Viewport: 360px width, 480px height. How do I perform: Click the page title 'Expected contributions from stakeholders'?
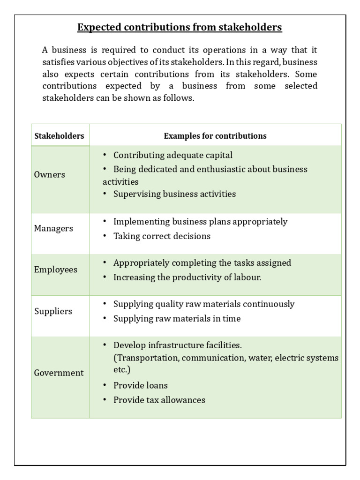click(x=180, y=28)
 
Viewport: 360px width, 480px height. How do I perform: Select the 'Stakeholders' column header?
click(x=59, y=136)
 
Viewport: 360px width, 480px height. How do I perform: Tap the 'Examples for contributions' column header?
click(x=215, y=136)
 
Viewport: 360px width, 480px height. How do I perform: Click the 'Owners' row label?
click(x=50, y=174)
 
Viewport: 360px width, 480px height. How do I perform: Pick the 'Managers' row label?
click(x=53, y=228)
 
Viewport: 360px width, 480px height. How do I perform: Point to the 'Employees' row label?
click(x=56, y=270)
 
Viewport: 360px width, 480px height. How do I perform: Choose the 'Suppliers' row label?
click(x=53, y=311)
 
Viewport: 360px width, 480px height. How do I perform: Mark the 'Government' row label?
click(x=59, y=373)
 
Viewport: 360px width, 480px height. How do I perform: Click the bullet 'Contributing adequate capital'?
click(x=172, y=155)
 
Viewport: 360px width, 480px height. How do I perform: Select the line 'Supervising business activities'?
click(x=174, y=194)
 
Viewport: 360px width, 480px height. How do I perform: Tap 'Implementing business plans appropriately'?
click(x=200, y=221)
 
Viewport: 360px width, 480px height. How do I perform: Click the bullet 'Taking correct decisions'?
click(x=162, y=236)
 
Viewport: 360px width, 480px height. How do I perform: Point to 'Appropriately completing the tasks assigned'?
click(x=202, y=262)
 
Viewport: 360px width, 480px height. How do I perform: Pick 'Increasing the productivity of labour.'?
click(x=187, y=277)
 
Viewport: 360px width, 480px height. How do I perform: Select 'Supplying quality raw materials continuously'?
click(x=204, y=304)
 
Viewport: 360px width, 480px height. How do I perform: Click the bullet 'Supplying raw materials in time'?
click(x=177, y=318)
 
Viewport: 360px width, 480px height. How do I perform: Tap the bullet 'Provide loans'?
click(x=140, y=385)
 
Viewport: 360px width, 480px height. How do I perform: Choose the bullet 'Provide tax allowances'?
click(x=159, y=400)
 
